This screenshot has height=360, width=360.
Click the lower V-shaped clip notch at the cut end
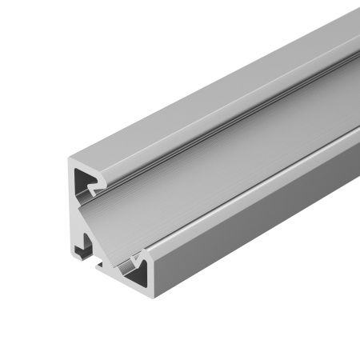[x=141, y=258]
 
